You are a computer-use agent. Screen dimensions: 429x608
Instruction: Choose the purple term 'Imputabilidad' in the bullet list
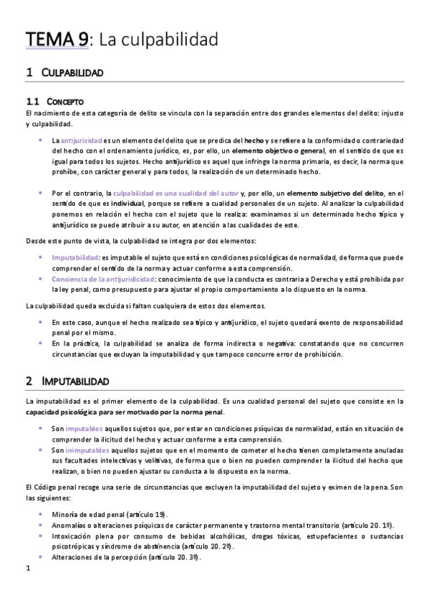pyautogui.click(x=75, y=256)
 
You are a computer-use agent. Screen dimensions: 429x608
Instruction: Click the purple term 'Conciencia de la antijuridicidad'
pyautogui.click(x=102, y=277)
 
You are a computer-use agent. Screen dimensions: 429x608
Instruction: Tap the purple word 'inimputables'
pyautogui.click(x=89, y=450)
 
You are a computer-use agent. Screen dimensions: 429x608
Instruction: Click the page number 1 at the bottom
pyautogui.click(x=27, y=569)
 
